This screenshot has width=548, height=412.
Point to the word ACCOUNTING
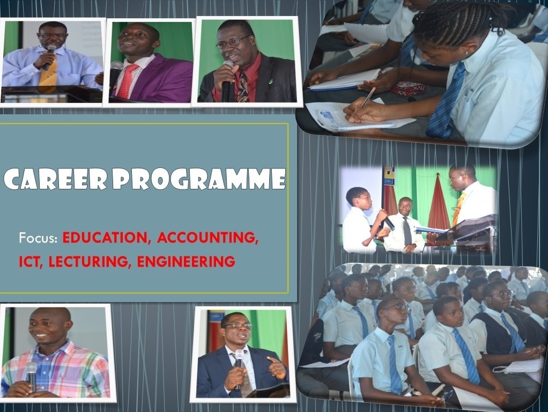[208, 238]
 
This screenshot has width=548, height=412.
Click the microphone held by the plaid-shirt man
[32, 376]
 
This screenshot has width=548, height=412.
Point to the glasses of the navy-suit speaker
[238, 326]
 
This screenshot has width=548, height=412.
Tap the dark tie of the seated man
[407, 230]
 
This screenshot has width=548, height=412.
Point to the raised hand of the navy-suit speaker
[276, 367]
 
